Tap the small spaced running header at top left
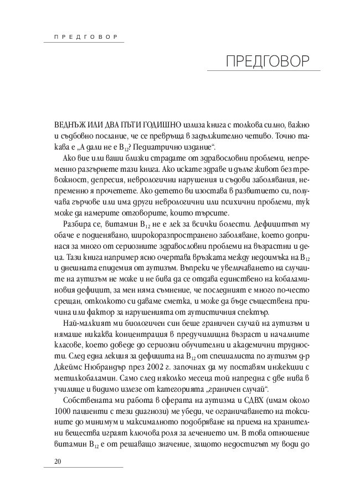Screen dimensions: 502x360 [x=83, y=37]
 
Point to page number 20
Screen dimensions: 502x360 [x=57, y=462]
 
